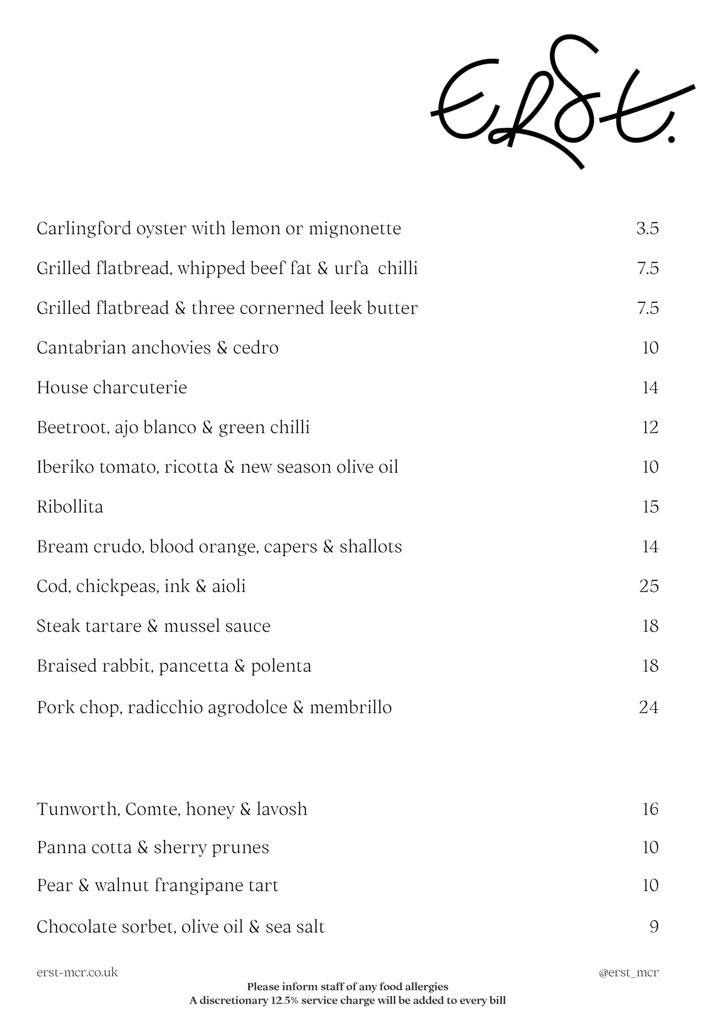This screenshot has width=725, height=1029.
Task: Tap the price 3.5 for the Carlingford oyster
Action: (x=647, y=229)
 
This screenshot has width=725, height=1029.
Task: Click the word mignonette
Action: (x=355, y=229)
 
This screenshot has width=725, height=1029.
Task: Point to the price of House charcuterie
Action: (x=650, y=387)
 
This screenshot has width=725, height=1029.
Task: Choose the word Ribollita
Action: (x=70, y=507)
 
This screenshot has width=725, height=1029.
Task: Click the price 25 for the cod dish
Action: (x=649, y=586)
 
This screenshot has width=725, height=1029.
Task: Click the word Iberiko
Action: (x=66, y=467)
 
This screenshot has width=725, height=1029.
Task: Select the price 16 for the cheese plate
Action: (x=650, y=809)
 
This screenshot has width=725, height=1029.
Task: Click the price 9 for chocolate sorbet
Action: (x=654, y=927)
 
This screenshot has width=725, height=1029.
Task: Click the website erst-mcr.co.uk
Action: (x=77, y=973)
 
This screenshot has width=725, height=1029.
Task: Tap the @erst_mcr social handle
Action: (x=629, y=973)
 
